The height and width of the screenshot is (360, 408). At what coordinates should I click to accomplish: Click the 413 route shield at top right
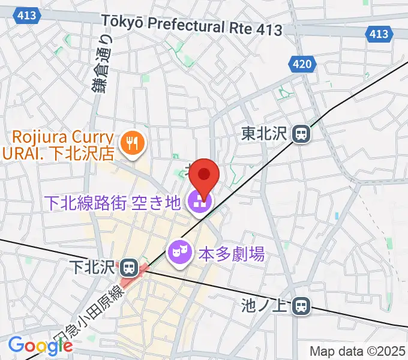click(379, 34)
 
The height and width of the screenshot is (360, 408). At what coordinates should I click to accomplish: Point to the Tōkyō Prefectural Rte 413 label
click(192, 25)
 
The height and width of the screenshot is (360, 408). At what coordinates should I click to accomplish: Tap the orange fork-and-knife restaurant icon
click(130, 143)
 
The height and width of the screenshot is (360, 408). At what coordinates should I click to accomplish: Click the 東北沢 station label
click(265, 133)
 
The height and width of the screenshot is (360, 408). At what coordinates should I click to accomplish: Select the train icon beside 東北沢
click(301, 133)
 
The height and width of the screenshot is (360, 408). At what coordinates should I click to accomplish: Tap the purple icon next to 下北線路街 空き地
click(197, 203)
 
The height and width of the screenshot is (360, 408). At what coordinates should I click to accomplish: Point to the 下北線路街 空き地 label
click(111, 203)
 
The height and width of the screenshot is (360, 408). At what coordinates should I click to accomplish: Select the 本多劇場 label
click(232, 254)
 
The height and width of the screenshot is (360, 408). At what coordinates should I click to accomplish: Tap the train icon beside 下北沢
click(127, 265)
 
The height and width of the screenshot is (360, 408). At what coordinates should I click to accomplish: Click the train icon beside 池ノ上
click(301, 307)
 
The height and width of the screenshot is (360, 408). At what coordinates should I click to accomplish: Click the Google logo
click(40, 345)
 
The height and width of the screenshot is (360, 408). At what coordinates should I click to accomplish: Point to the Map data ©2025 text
click(357, 350)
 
